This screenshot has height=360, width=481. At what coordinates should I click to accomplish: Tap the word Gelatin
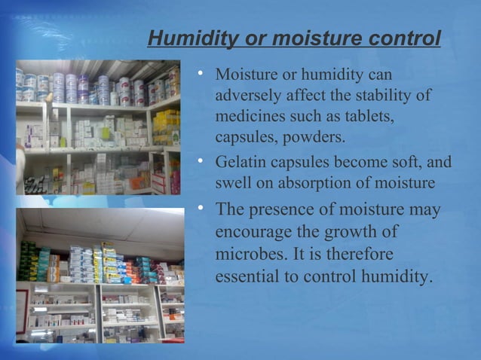(x=240, y=161)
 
